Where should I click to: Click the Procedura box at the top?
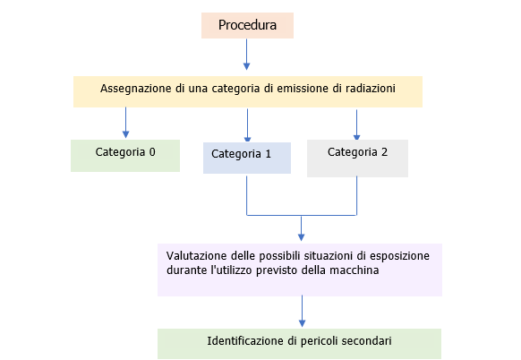coord(247,25)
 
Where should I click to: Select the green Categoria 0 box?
coord(125,154)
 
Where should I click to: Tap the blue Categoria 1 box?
coord(246,157)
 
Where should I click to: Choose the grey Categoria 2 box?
coord(357,156)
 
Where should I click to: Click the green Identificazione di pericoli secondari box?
coord(299,343)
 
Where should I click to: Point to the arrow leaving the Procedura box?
coord(247,55)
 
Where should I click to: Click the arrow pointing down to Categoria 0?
coord(125,123)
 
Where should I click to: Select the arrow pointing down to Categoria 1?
coord(247,124)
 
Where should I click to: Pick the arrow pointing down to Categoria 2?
coord(357,124)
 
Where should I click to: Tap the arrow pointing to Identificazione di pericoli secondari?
coord(302,312)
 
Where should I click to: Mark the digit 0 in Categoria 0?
coord(151,151)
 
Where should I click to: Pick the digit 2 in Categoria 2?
coord(384,151)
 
